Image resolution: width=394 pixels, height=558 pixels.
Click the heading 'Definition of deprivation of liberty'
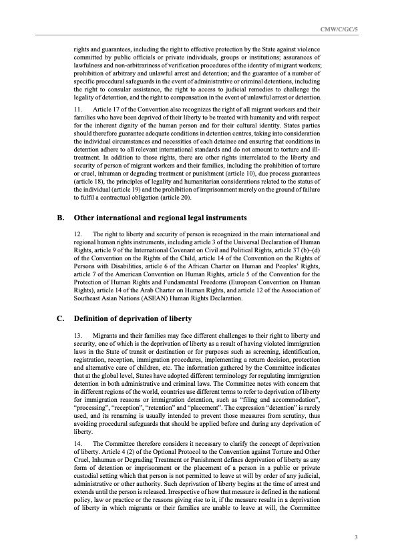(133, 318)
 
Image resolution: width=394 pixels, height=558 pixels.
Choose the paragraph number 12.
(79, 234)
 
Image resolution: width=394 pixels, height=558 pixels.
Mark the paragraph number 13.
(79, 334)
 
